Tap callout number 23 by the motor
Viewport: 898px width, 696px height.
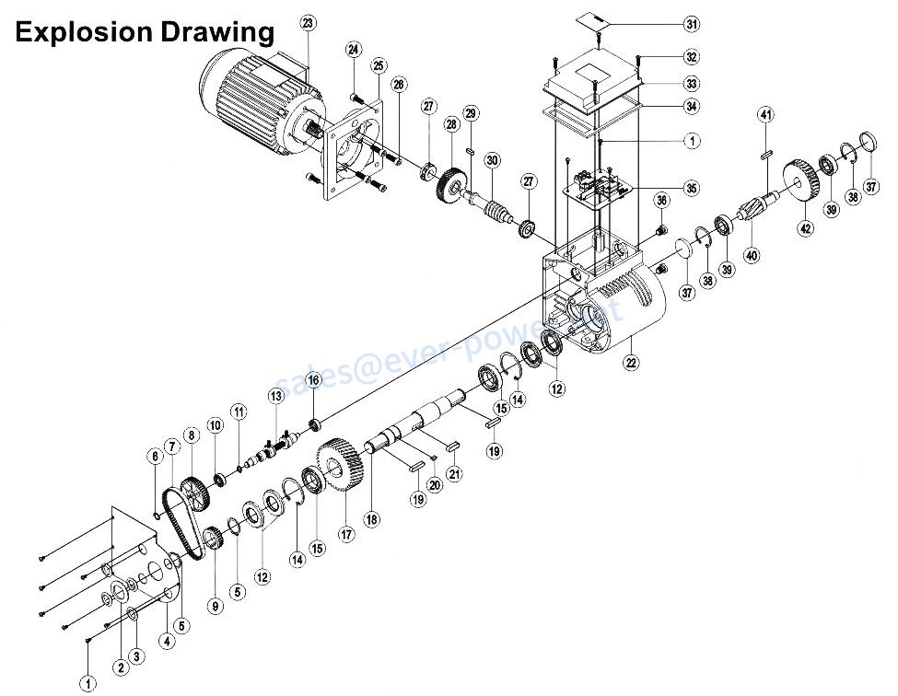point(308,22)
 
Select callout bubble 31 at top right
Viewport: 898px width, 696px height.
point(692,23)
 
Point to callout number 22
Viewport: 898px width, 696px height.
point(631,362)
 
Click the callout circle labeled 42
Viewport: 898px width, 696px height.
point(806,227)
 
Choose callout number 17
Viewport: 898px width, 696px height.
point(346,533)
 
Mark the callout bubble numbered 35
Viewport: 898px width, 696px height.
point(692,188)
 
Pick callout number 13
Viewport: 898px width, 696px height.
point(275,396)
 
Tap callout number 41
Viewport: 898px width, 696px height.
point(765,114)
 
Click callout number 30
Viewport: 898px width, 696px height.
point(493,159)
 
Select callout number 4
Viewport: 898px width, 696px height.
point(167,641)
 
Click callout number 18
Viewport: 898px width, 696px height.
point(371,518)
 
